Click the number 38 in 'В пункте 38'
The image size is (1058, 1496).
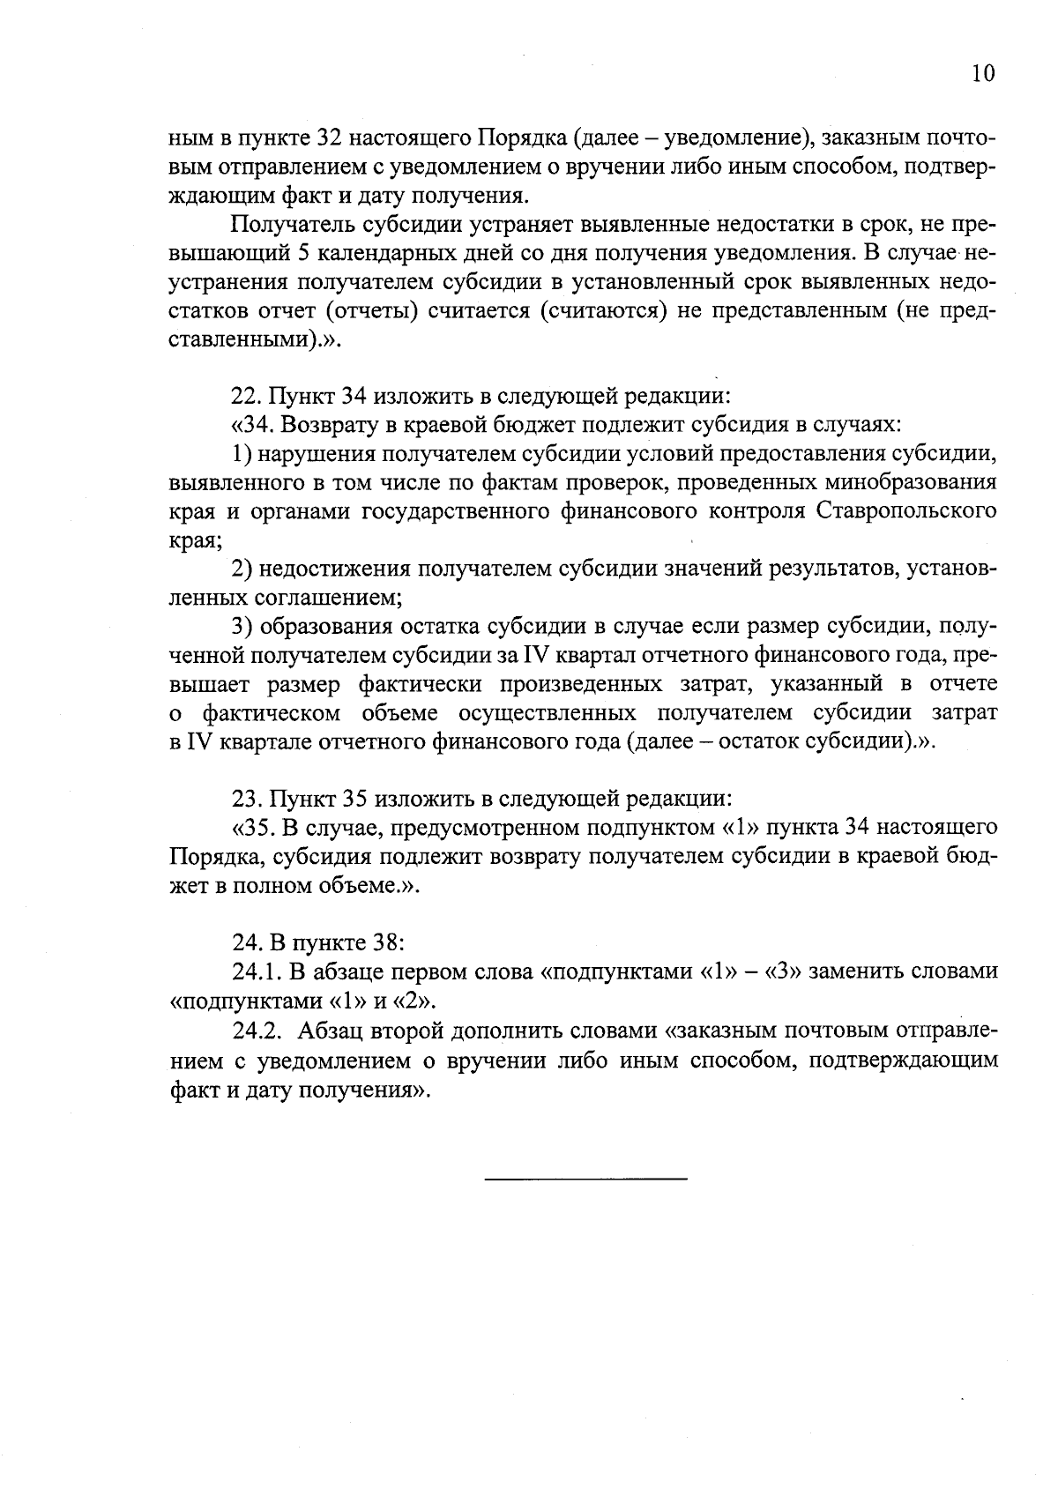pyautogui.click(x=387, y=942)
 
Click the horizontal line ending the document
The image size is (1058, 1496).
pyautogui.click(x=585, y=1179)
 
